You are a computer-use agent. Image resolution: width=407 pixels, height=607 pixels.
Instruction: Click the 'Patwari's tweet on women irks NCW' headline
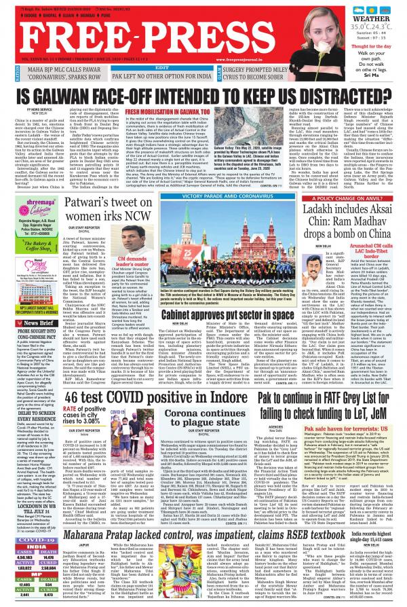tap(111, 197)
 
